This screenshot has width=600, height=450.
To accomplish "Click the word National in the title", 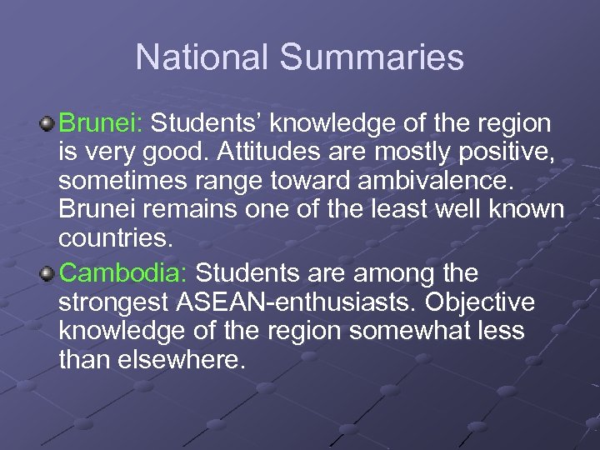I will tap(202, 57).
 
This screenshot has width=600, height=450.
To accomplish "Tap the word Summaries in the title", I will tap(372, 57).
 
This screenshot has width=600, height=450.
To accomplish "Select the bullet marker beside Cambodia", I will tap(48, 273).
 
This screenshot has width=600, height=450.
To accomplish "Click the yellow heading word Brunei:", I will tap(102, 124).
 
